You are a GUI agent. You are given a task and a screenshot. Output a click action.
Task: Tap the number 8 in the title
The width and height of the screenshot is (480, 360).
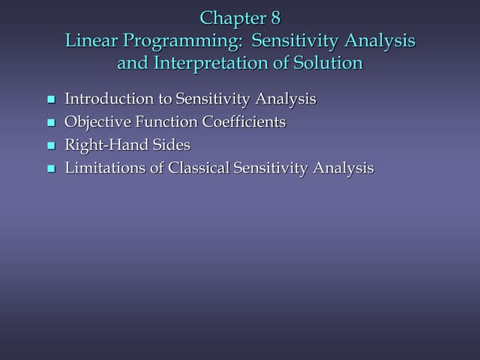274,18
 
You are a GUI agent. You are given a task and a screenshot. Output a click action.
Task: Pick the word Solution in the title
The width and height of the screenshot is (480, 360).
330,63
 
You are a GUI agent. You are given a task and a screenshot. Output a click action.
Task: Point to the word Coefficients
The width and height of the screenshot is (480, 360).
244,121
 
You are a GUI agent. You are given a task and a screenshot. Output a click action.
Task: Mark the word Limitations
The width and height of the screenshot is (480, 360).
106,168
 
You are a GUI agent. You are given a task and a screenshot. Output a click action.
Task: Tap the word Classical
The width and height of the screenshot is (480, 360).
199,168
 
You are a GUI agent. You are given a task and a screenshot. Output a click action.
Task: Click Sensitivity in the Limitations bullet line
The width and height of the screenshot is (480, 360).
271,169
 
